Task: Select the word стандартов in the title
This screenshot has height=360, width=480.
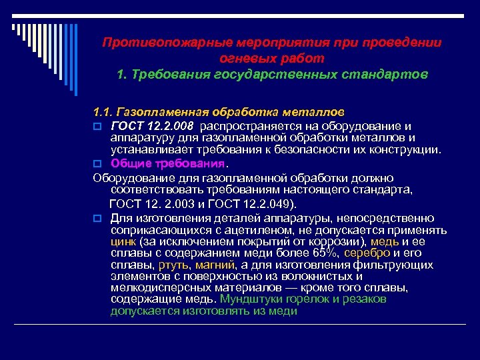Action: [x=386, y=73]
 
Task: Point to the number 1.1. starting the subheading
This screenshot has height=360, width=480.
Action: [x=105, y=109]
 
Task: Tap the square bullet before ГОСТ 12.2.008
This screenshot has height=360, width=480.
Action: [x=97, y=125]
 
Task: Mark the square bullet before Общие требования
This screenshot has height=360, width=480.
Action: [x=97, y=163]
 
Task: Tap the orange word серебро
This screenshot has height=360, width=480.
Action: [x=369, y=254]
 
